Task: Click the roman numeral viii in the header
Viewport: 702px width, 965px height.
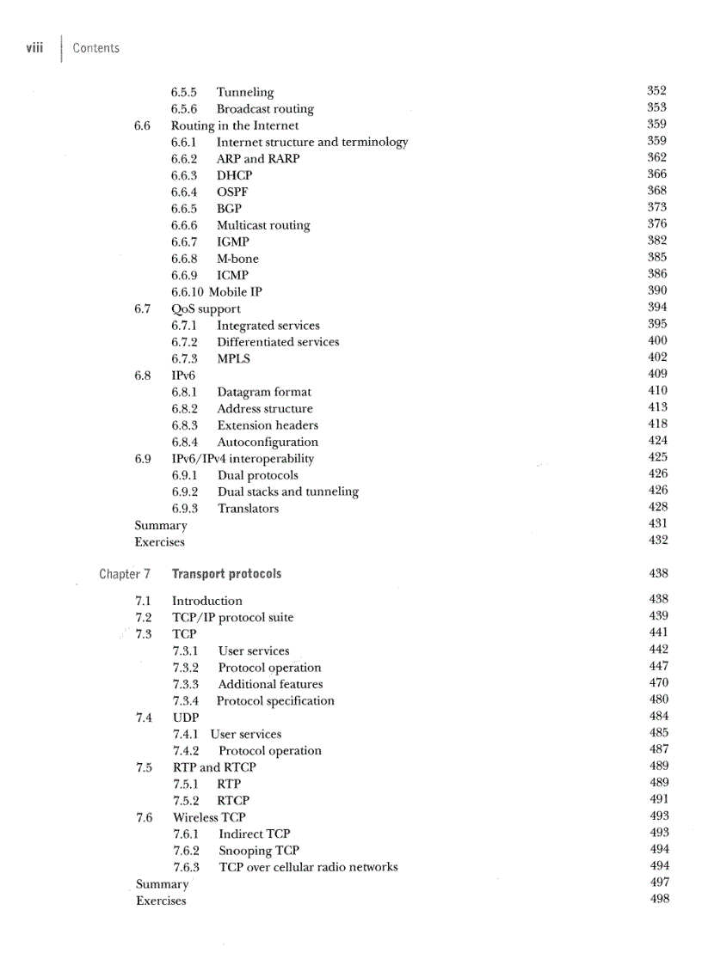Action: click(x=34, y=47)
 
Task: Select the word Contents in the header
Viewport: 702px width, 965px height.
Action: click(x=95, y=48)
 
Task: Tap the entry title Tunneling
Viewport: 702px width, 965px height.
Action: click(x=245, y=92)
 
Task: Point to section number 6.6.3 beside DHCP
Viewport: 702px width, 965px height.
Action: click(x=184, y=175)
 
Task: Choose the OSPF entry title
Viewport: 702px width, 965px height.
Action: click(x=232, y=192)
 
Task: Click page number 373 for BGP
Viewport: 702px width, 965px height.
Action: click(x=657, y=207)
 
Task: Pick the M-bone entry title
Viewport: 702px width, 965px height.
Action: click(x=237, y=259)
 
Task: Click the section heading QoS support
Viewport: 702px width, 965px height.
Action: click(x=206, y=308)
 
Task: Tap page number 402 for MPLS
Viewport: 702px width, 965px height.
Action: click(x=657, y=357)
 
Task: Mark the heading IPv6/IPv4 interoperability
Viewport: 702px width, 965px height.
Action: click(x=243, y=459)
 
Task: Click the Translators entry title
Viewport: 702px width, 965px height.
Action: click(x=248, y=509)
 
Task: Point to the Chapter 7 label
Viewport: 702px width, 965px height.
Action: click(x=125, y=574)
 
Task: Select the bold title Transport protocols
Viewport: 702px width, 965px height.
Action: click(x=226, y=574)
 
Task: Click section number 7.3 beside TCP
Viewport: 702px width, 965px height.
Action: click(x=144, y=634)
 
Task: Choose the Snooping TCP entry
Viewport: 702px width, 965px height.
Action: click(x=258, y=851)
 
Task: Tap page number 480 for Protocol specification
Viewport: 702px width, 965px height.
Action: click(x=659, y=700)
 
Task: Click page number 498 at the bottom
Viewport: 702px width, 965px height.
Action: click(x=659, y=899)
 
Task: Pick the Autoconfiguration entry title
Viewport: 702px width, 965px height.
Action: click(x=268, y=443)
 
